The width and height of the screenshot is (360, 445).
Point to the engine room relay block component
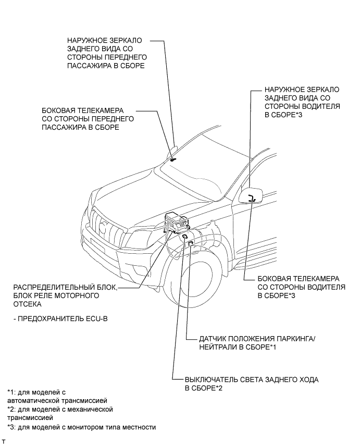click(176, 225)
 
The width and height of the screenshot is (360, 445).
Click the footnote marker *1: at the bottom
click(11, 392)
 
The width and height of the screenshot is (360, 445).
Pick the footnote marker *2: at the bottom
click(11, 410)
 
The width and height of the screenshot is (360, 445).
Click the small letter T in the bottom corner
click(4, 441)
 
